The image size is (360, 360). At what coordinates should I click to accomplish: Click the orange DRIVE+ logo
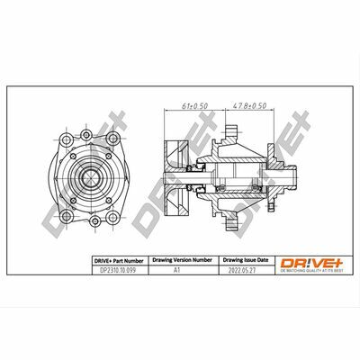[301, 261]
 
